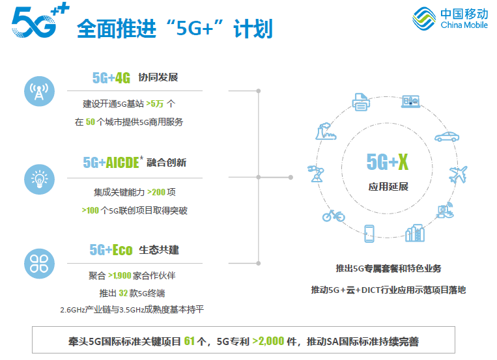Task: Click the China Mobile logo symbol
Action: [x=424, y=19]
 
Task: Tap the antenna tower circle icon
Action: [x=39, y=91]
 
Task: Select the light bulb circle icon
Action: [x=39, y=180]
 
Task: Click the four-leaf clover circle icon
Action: [x=39, y=264]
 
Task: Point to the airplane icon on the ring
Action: [x=458, y=174]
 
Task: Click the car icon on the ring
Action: [x=447, y=137]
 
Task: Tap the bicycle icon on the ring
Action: [x=334, y=216]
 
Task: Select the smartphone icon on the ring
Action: [x=369, y=234]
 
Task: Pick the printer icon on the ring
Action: [x=361, y=102]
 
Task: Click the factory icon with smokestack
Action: [x=326, y=132]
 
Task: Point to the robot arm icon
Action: [x=316, y=173]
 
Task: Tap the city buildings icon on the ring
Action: [x=415, y=233]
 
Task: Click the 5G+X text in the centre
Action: [x=388, y=162]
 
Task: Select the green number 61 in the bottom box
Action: [x=190, y=341]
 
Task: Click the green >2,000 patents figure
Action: [x=268, y=341]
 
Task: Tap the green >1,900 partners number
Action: [x=119, y=275]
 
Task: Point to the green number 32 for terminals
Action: [x=123, y=293]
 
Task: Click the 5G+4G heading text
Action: [x=111, y=77]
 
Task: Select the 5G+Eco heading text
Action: [x=111, y=250]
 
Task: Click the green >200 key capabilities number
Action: [x=156, y=192]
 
